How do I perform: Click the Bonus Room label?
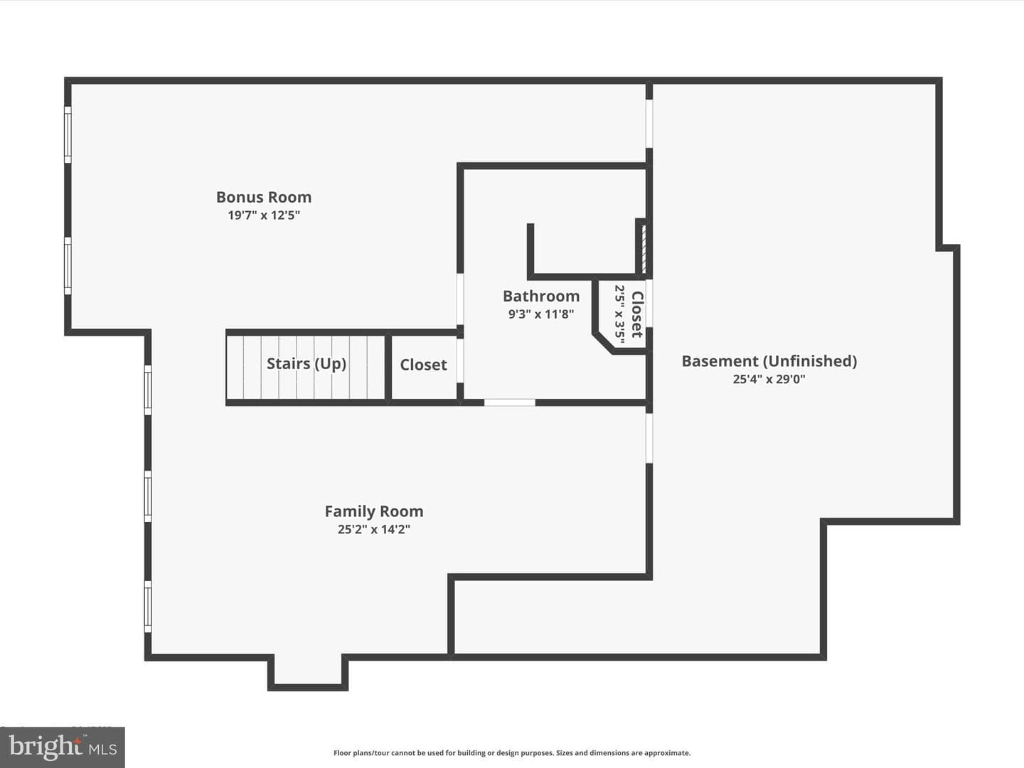point(264,197)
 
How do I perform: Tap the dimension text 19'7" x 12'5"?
point(264,215)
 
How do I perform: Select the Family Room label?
point(374,511)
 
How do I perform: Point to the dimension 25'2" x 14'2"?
point(374,529)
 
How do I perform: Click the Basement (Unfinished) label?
point(769,361)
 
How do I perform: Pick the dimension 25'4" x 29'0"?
point(769,379)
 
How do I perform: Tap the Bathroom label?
point(541,296)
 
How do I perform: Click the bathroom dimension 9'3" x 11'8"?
point(541,314)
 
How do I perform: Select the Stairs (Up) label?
point(306,363)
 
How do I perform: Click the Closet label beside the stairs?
point(424,365)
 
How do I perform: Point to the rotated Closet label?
point(637,314)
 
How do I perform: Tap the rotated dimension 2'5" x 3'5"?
point(619,314)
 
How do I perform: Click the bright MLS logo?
point(63,747)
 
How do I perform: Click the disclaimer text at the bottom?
point(512,752)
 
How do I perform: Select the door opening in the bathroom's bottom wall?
point(509,402)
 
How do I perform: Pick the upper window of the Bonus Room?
point(68,135)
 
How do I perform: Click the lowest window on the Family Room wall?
point(148,606)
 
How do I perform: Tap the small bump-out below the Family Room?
point(308,671)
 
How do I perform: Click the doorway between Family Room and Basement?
point(649,438)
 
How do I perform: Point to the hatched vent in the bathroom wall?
point(644,250)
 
